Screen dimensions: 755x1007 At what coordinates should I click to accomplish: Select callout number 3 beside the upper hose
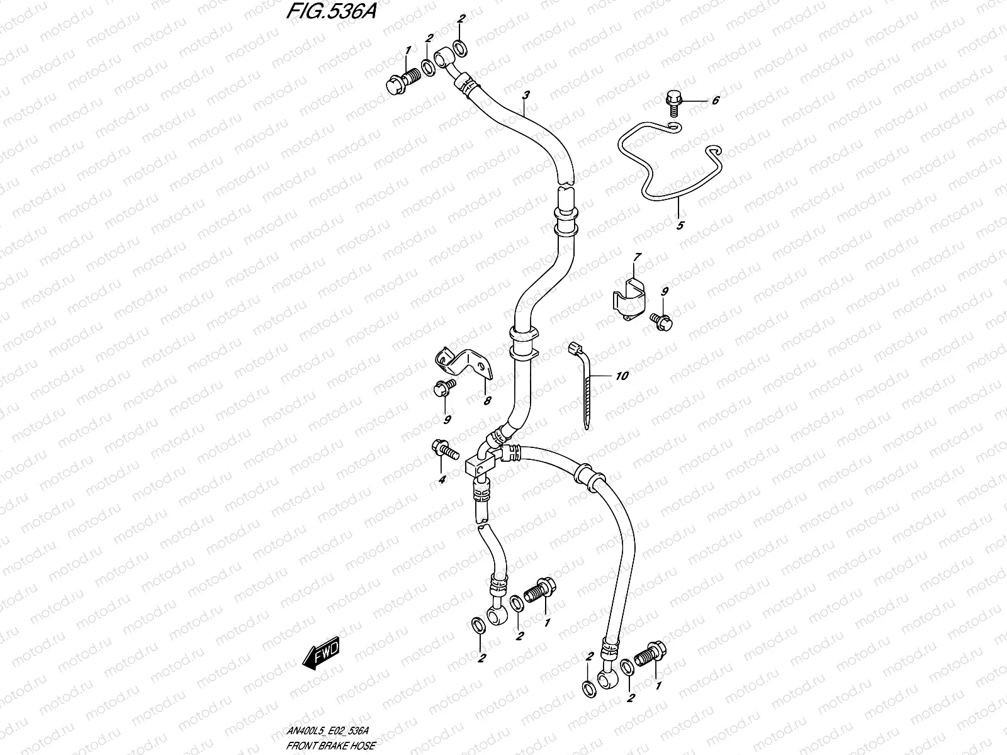[x=526, y=95]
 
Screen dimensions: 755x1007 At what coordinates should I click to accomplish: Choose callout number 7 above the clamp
[x=637, y=257]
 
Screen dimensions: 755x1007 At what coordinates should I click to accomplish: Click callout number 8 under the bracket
[x=487, y=400]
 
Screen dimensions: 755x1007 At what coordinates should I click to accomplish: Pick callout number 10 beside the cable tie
[x=622, y=376]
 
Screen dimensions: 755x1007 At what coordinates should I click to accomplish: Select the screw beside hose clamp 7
[x=661, y=320]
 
